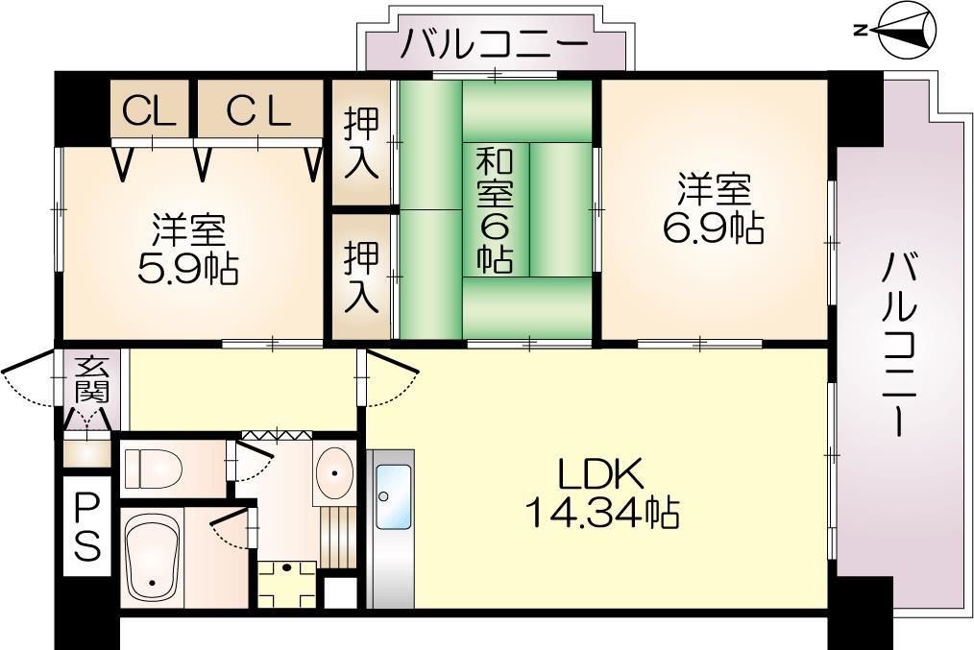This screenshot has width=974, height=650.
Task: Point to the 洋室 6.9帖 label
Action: (x=713, y=207)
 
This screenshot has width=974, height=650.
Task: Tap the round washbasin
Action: (x=335, y=469)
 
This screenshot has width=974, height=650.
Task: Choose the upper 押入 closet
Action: (x=363, y=143)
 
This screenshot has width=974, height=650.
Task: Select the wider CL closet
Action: (x=258, y=111)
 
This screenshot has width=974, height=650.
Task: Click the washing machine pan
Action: (x=285, y=580)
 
